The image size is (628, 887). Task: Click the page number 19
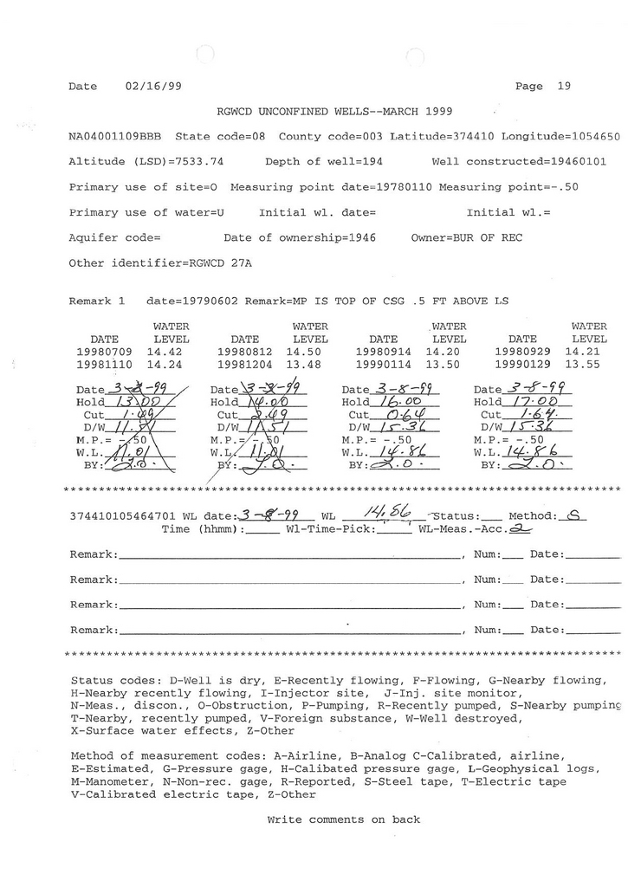(x=564, y=86)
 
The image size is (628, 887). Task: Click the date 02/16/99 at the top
(x=153, y=86)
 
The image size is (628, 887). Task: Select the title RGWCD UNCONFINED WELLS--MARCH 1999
(x=333, y=111)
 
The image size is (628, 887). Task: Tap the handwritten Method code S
(x=573, y=515)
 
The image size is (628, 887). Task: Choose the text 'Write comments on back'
(x=343, y=819)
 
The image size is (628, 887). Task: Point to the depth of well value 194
(x=372, y=161)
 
